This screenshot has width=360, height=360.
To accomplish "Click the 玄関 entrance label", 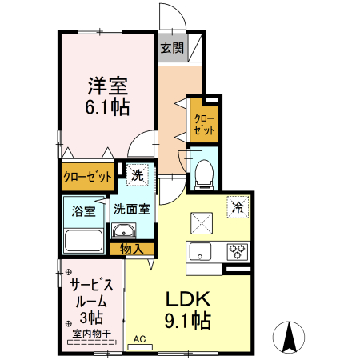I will [172, 48].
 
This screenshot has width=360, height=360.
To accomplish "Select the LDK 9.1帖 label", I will [188, 310].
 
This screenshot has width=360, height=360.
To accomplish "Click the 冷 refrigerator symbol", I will [238, 206].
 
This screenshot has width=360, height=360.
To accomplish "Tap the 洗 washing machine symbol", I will [138, 175].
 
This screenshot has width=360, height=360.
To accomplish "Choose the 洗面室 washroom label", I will [131, 210].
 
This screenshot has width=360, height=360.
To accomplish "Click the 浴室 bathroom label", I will [83, 211].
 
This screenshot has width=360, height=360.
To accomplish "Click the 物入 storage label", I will [131, 250].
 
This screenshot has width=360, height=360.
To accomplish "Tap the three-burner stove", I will [238, 250].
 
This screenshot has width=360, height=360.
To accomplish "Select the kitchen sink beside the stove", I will [198, 250].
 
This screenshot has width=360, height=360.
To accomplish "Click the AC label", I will [139, 338].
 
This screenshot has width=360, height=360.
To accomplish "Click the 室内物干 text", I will [91, 333].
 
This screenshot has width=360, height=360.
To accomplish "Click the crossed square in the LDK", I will [200, 221].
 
